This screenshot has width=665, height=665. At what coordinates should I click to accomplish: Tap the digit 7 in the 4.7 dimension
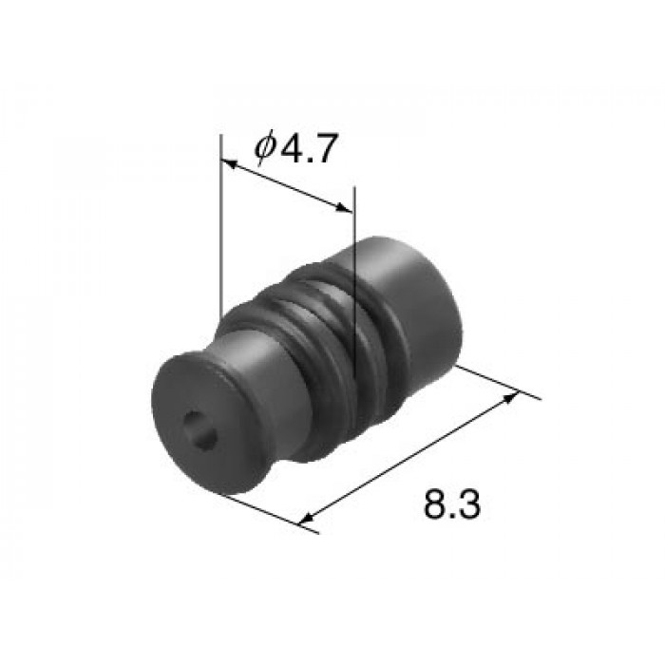coord(325,148)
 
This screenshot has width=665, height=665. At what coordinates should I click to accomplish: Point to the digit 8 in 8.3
coord(436,504)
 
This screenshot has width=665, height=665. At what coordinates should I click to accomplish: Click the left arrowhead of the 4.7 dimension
coord(229,163)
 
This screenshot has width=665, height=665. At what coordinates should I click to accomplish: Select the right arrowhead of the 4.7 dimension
coord(344,207)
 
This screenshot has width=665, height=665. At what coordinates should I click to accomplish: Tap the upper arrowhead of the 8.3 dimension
coord(510,398)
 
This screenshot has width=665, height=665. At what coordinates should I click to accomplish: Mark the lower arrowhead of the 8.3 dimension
coord(308,518)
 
